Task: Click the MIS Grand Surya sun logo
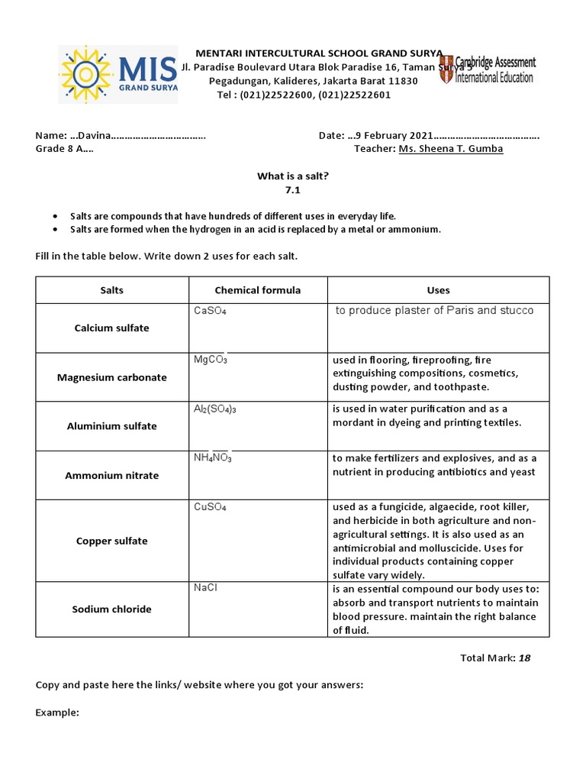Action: pos(85,73)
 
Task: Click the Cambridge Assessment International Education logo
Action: pos(487,69)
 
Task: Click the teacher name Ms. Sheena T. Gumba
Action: pos(450,149)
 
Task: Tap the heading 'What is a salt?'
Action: pos(293,176)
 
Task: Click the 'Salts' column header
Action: pos(111,290)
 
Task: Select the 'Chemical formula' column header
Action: pos(258,290)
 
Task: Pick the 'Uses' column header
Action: pos(438,290)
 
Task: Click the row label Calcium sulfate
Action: pos(111,328)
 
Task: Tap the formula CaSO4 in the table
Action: pos(210,312)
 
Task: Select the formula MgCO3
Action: pos(211,360)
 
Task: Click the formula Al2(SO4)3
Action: pos(215,409)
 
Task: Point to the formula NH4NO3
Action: pos(213,458)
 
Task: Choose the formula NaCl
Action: pos(206,587)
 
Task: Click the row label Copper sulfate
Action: pos(111,541)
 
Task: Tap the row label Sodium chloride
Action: pos(111,609)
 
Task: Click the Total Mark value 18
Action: pos(524,658)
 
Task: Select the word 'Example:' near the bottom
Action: pos(57,712)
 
